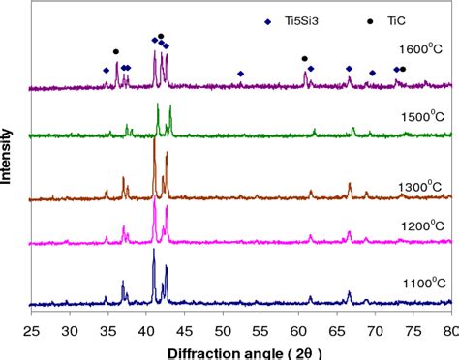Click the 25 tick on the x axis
(x=31, y=332)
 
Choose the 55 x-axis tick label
(x=260, y=332)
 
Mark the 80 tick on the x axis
(x=449, y=332)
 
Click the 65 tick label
(x=337, y=332)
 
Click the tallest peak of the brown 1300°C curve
(x=154, y=142)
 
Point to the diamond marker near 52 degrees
(x=240, y=74)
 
